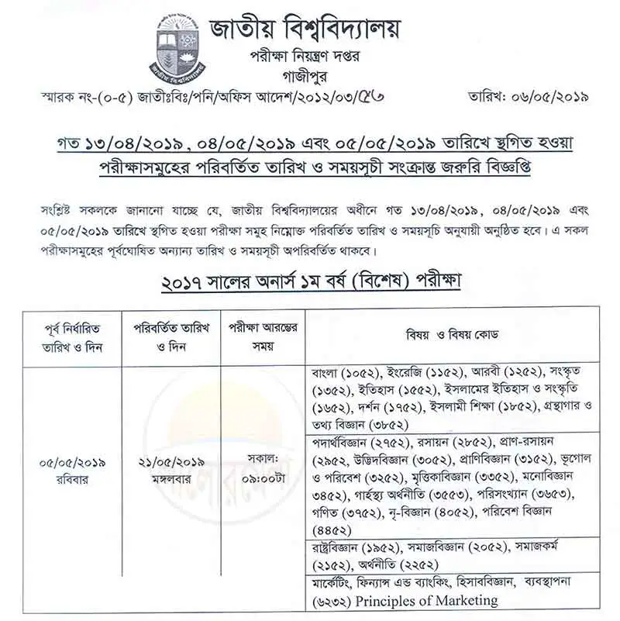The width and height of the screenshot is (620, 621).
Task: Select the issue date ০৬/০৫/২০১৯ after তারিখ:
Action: coord(551,98)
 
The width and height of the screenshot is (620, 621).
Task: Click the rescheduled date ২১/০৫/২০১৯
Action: coord(170,463)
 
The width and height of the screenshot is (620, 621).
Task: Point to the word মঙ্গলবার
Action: coord(170,478)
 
